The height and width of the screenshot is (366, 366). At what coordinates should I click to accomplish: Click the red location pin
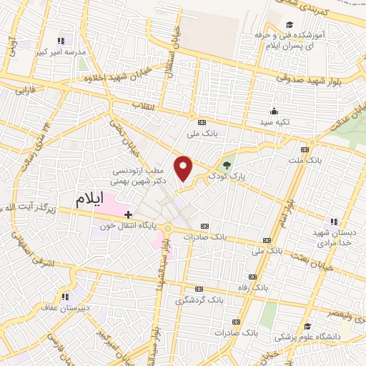(x=184, y=168)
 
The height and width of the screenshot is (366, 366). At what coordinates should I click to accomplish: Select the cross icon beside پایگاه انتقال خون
(x=128, y=214)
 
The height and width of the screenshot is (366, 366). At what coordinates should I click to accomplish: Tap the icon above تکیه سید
(x=273, y=111)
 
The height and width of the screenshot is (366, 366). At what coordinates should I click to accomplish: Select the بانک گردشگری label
(x=200, y=300)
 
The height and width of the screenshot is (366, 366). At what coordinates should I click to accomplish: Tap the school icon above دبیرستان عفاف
(x=65, y=297)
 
